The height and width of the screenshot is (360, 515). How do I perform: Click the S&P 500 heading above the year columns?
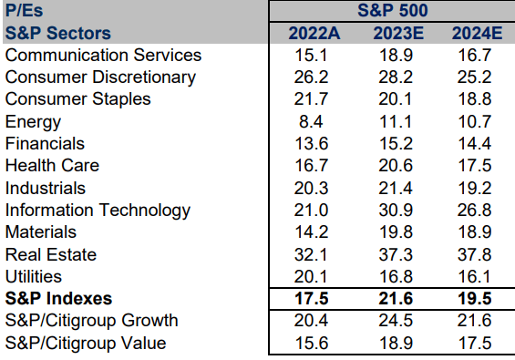click(394, 12)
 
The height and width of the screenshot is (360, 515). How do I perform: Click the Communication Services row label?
click(103, 56)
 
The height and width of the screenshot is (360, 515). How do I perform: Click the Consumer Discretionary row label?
click(100, 77)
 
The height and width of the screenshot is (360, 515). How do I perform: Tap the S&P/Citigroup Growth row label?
click(91, 321)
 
